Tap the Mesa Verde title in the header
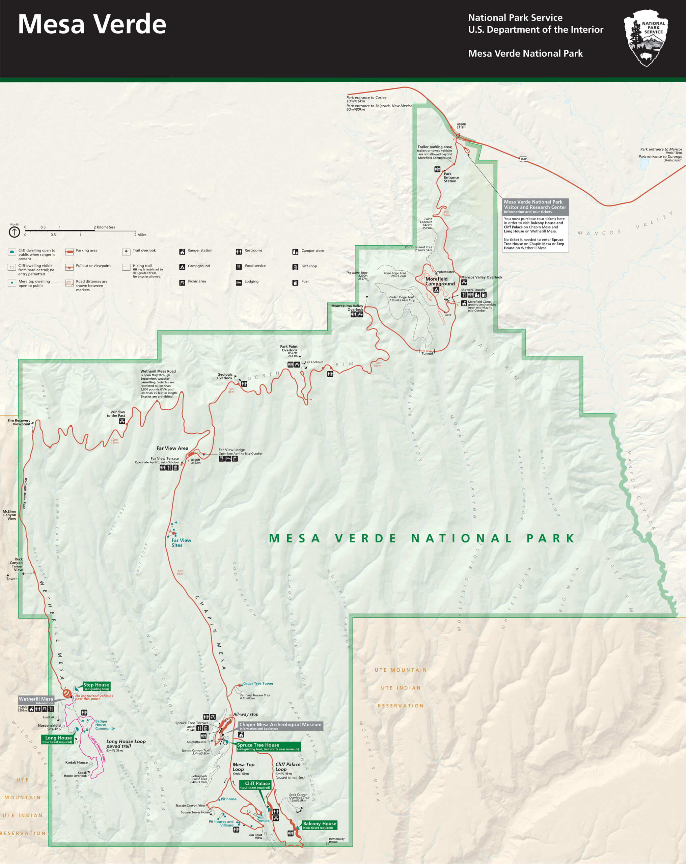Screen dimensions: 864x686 click(x=92, y=24)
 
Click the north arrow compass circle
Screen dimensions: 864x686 click(x=15, y=232)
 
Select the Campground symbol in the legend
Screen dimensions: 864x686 click(x=182, y=267)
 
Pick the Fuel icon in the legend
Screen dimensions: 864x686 click(x=295, y=282)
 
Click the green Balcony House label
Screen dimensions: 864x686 click(x=319, y=825)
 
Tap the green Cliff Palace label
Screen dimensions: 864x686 click(x=257, y=785)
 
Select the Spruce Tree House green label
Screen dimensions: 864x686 click(x=268, y=747)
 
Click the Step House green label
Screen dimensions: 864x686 click(x=96, y=686)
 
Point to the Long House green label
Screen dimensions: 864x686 click(x=58, y=739)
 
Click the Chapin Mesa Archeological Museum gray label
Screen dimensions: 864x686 click(x=280, y=726)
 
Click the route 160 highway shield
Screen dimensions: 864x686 click(x=523, y=159)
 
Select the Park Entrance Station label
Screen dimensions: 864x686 click(x=451, y=178)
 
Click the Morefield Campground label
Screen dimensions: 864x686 click(x=440, y=281)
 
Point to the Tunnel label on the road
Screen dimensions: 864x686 click(x=427, y=353)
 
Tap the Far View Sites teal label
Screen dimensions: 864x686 click(x=181, y=543)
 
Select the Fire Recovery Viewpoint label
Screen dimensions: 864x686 click(x=19, y=422)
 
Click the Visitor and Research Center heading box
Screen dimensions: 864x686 click(x=535, y=207)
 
